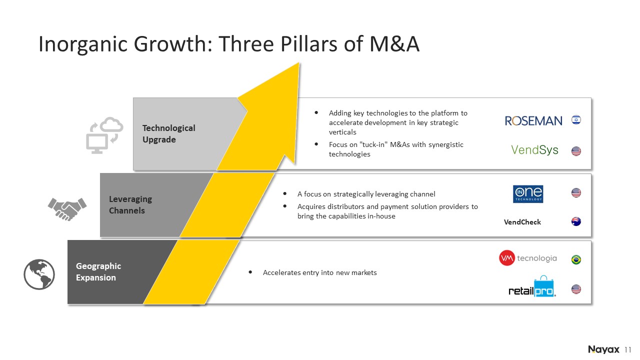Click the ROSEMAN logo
533,121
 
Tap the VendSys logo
534,150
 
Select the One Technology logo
528,194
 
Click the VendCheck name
522,222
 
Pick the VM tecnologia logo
528,258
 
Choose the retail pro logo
532,287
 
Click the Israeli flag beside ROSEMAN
576,119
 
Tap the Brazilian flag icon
576,259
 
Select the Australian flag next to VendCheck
576,221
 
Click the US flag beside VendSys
576,151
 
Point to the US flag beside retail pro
576,289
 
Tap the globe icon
39,274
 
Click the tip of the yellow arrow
299,63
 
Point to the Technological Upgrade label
169,133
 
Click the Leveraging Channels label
130,204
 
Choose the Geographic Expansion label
98,271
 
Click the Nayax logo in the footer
603,349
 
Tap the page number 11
627,349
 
